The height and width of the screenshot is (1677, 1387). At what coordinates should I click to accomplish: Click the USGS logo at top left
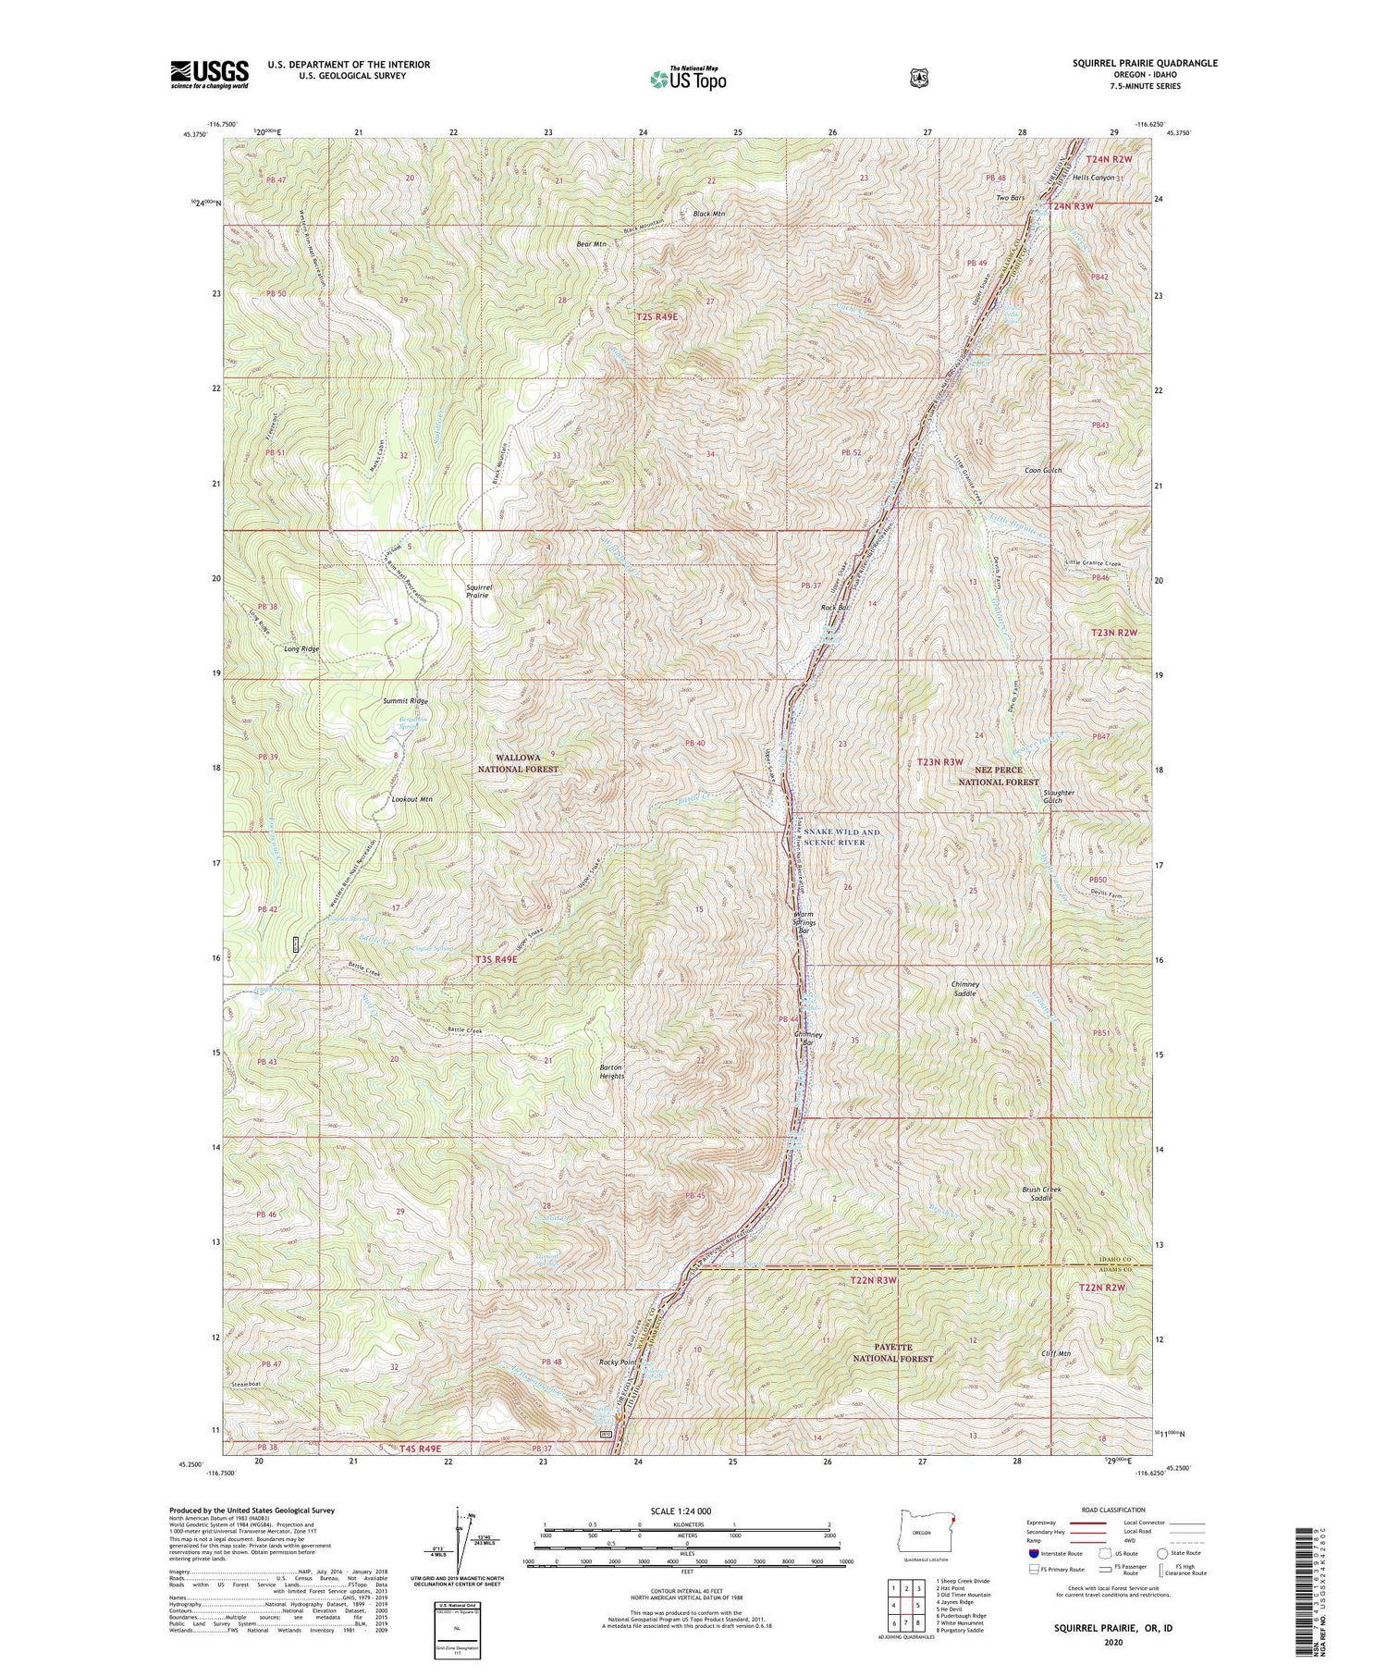tap(209, 74)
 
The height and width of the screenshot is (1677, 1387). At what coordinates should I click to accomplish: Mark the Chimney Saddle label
tap(964, 988)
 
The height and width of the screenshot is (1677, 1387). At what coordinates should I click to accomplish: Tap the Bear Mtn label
tap(591, 244)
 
